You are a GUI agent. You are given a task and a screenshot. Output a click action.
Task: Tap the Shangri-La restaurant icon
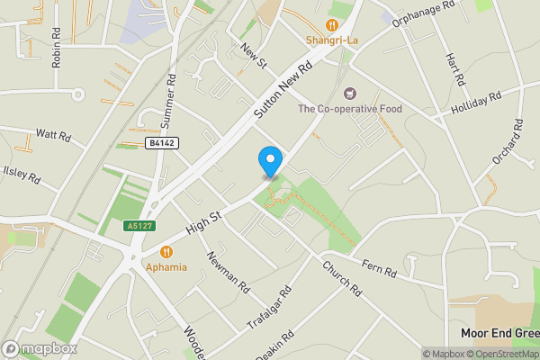point(332,26)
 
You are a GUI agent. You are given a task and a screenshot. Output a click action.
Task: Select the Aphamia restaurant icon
point(166,253)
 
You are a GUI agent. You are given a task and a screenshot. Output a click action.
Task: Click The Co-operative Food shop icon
point(350,93)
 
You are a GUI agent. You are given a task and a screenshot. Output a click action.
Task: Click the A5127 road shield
point(136,227)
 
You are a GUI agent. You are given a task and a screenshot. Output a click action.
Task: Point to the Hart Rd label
point(454,68)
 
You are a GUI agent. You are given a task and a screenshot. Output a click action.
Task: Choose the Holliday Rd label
point(476,102)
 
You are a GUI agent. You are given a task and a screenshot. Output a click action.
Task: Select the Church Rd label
point(341,280)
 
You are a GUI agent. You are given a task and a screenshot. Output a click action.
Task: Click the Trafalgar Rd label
point(269,310)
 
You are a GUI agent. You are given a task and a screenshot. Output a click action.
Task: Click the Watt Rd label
point(53,135)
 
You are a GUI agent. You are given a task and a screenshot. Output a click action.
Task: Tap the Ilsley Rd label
point(22,173)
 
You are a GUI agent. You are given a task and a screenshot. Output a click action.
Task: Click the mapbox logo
point(40,348)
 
